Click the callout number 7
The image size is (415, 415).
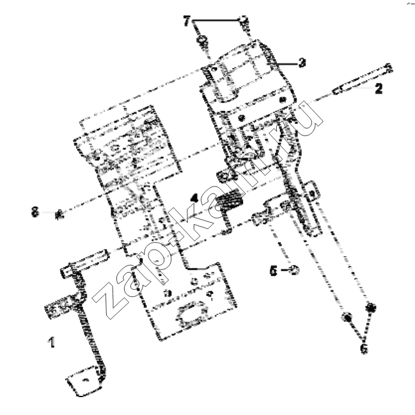point(187,21)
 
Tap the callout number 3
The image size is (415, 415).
point(302,63)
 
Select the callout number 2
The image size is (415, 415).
point(379,88)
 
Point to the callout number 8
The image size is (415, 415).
point(35,212)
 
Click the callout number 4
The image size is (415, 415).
point(194,198)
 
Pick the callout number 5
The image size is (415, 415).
point(274,271)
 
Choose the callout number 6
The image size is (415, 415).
point(364,349)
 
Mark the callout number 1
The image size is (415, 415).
point(51,342)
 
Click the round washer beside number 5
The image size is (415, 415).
point(295,270)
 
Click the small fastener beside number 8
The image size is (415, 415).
point(59,215)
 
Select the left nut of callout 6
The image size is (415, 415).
point(347,317)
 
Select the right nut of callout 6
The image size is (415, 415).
point(371,308)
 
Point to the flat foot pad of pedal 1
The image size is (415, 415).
point(84,381)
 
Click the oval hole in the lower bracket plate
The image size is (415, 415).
point(192,313)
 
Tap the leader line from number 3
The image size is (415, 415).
point(286,64)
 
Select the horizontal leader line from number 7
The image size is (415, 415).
point(215,20)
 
